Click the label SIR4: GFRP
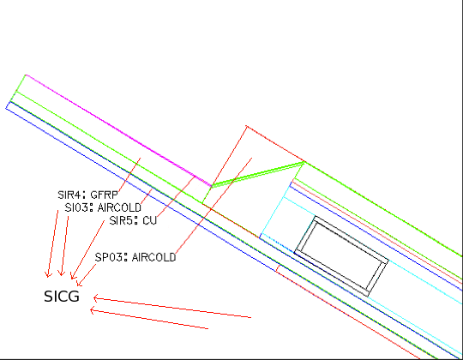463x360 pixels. coord(87,195)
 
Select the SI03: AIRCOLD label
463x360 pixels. coord(103,207)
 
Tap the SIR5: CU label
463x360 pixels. coord(133,220)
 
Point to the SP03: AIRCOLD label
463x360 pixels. coord(135,257)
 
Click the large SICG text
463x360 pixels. coord(62,297)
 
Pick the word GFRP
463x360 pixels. coord(104,195)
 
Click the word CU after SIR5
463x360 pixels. coord(150,220)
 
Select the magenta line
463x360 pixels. coord(118,130)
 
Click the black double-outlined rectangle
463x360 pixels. coord(341,255)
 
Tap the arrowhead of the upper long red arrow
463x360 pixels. coord(94,298)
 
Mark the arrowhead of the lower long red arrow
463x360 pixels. coord(91,310)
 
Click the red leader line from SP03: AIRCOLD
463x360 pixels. coord(213,206)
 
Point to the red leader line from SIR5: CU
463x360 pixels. coord(177,196)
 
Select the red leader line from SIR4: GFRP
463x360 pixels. coord(129,175)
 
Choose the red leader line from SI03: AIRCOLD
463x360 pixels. coord(147,196)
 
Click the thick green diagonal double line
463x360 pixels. coord(258,174)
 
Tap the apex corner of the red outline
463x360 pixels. coord(247,126)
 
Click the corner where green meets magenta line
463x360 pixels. coord(26,75)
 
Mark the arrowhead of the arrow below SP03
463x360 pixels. coord(78,285)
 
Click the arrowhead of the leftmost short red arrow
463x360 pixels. coord(47,277)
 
